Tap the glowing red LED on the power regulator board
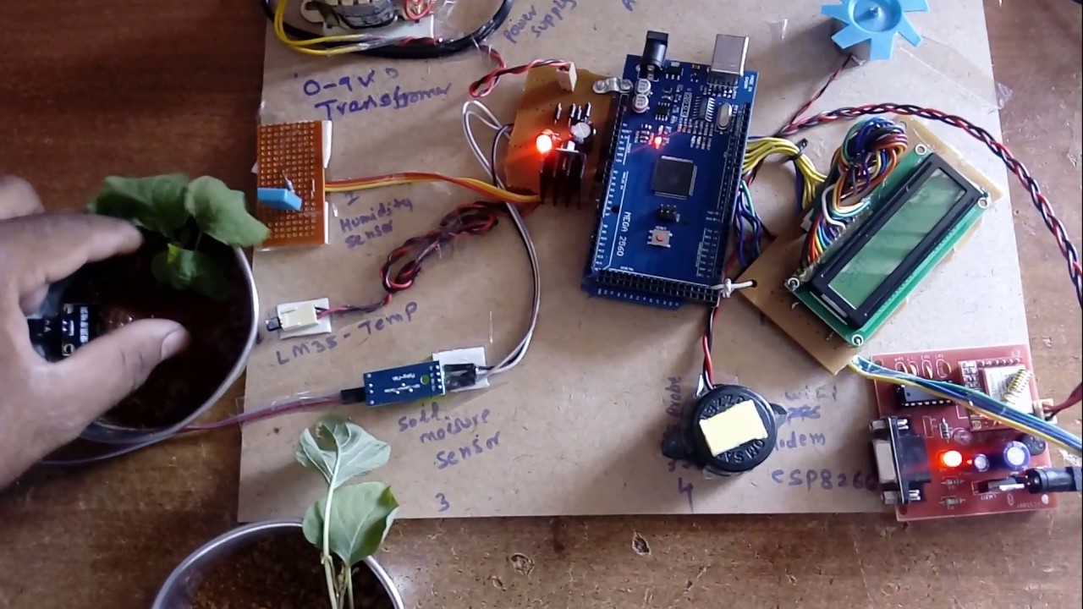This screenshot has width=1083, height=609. pos(543,143)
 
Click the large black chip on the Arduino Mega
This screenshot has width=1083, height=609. pos(674,177)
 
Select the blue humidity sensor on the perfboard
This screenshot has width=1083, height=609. pos(279,199)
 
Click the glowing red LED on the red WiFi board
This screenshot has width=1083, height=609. pos(951,459)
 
